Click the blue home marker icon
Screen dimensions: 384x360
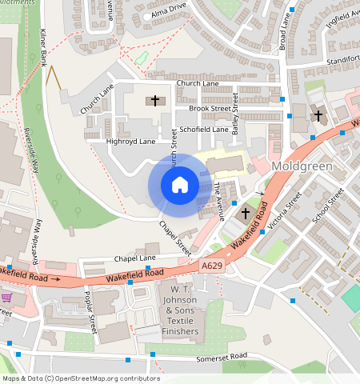coord(180,186)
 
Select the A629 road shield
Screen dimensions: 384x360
coord(212,264)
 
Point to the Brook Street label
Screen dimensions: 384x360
coord(210,107)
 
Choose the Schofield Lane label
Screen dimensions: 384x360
coord(204,128)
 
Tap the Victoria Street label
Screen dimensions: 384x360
coord(285,211)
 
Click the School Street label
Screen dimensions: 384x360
coord(327,205)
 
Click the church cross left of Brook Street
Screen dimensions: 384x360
coord(155,101)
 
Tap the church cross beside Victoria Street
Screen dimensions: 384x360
coord(246,213)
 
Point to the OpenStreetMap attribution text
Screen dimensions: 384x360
coord(80,378)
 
